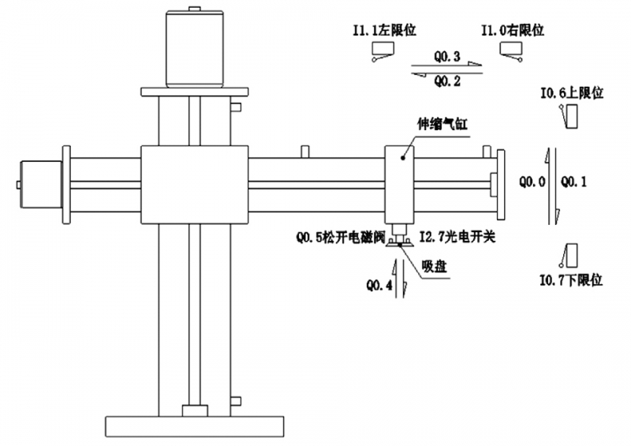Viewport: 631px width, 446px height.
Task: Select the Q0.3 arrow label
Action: coord(447,57)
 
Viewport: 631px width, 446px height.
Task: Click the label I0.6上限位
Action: coord(571,93)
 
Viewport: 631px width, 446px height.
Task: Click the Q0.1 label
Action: coord(573,182)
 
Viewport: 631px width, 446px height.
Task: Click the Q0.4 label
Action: coord(379,285)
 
